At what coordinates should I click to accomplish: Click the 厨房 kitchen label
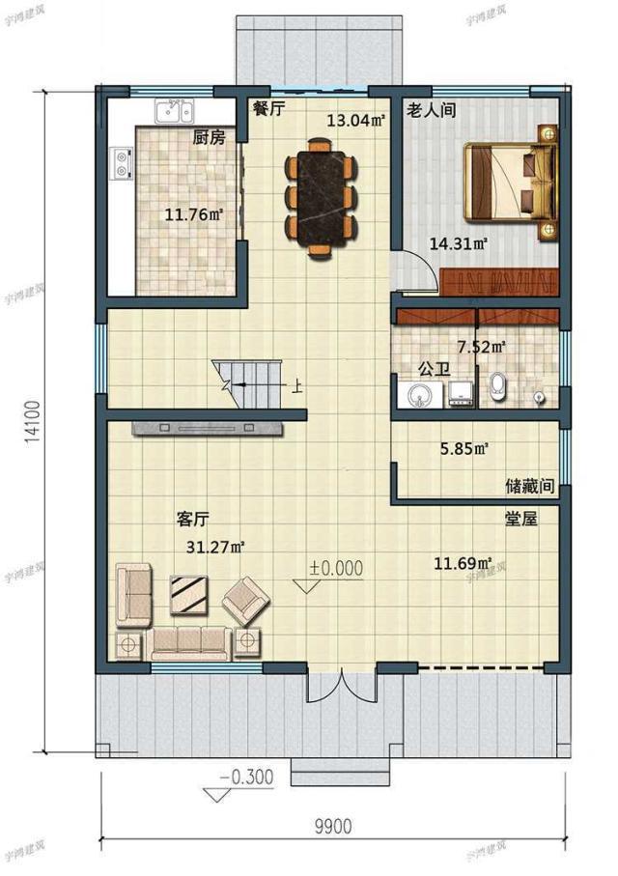(x=209, y=137)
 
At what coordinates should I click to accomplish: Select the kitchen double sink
(x=175, y=111)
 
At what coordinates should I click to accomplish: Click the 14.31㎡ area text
(x=459, y=243)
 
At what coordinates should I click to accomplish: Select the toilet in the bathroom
(x=498, y=387)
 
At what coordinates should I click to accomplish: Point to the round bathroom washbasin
(x=417, y=396)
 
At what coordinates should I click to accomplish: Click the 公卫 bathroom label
(x=435, y=371)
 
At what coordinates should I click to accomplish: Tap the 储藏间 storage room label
(x=530, y=486)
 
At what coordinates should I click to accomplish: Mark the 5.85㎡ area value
(x=464, y=448)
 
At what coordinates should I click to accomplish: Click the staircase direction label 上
(x=296, y=386)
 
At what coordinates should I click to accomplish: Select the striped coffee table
(x=189, y=595)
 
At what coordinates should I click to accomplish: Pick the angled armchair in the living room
(x=246, y=601)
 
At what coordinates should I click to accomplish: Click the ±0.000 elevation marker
(x=336, y=568)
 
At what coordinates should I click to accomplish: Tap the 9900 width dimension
(x=333, y=826)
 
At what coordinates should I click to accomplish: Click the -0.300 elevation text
(x=246, y=777)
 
